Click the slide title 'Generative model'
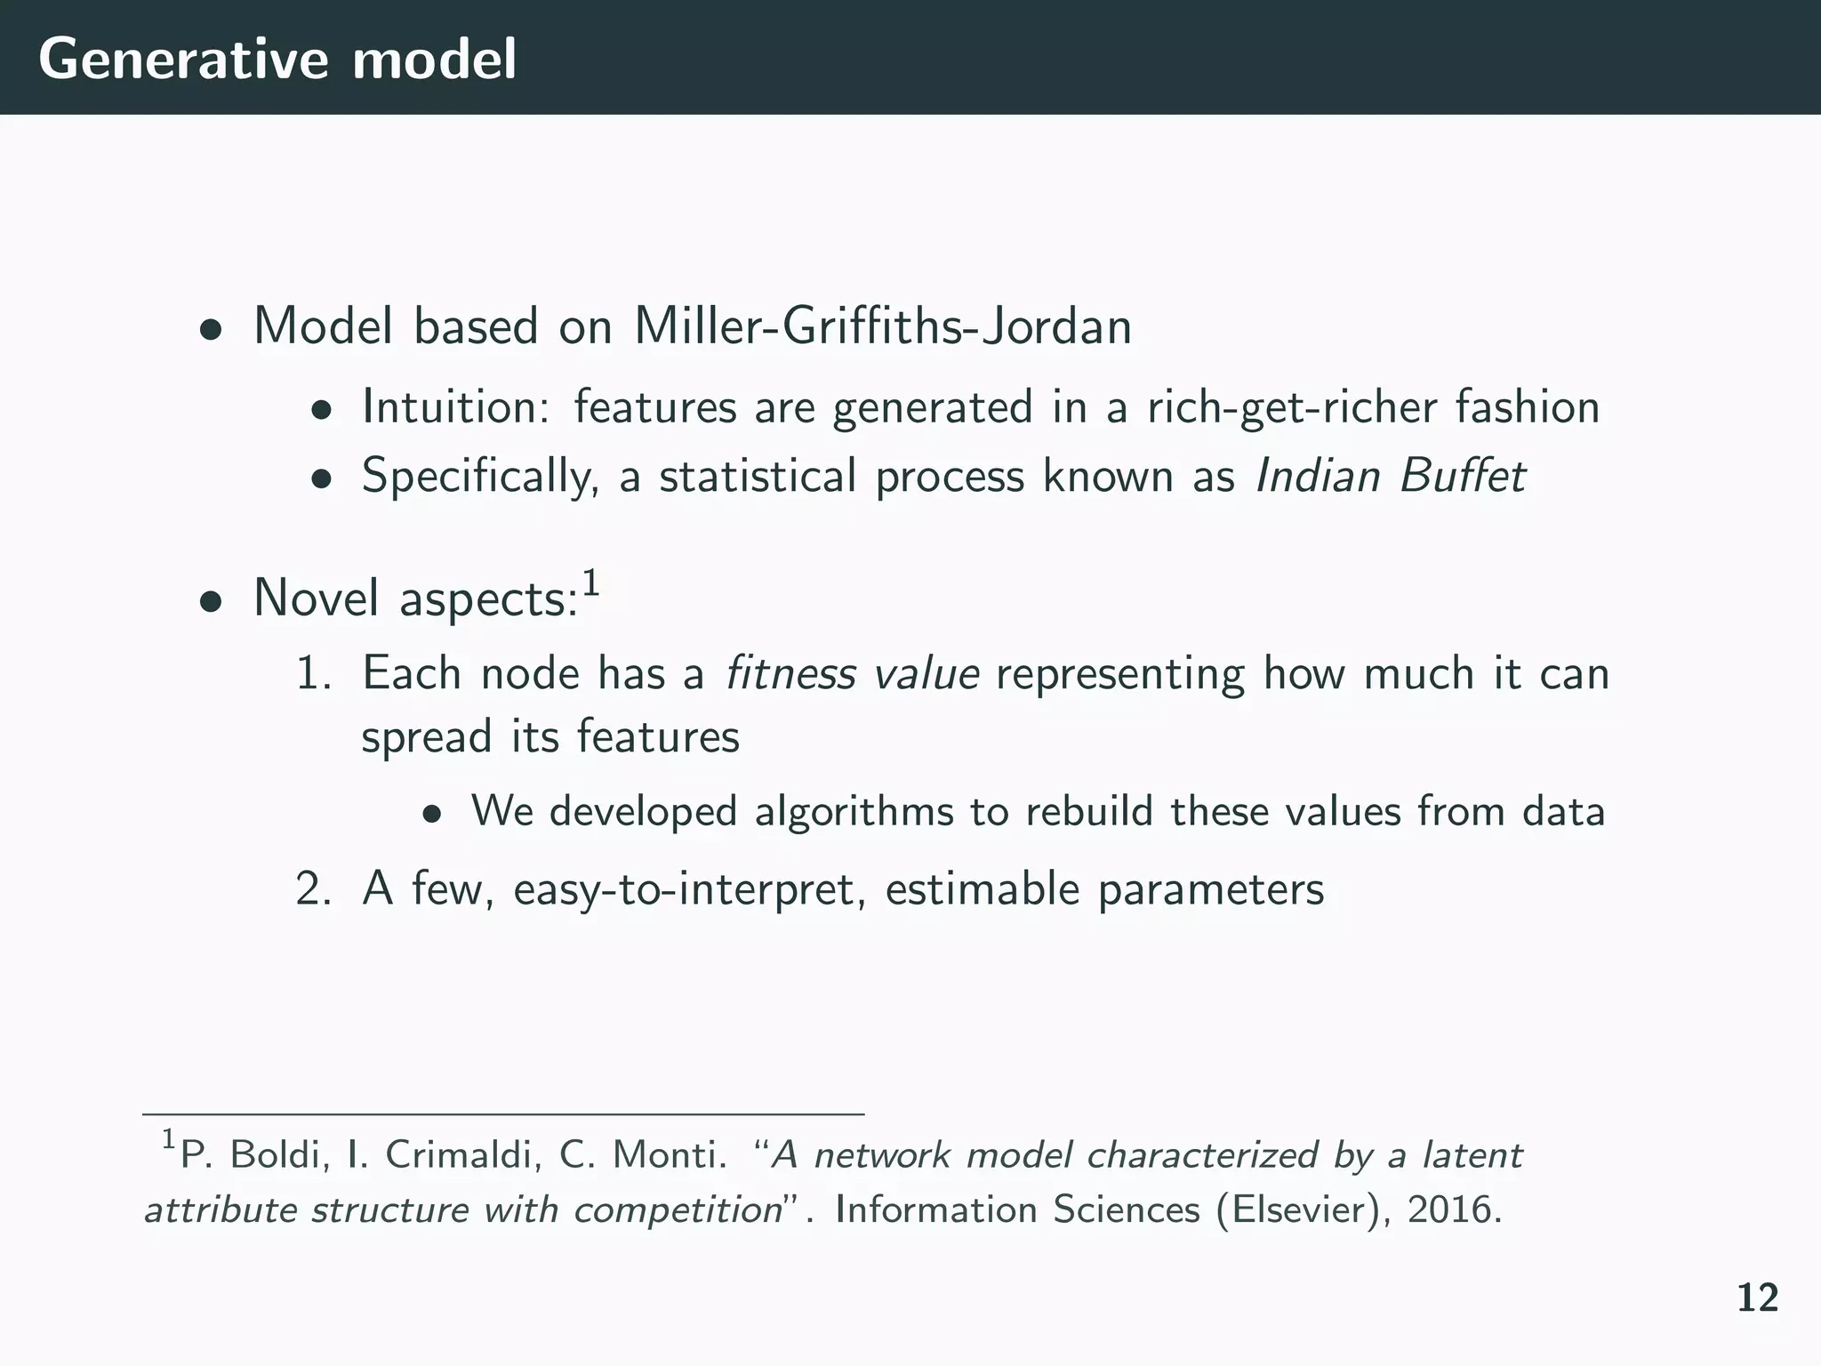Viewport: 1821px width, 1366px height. [277, 60]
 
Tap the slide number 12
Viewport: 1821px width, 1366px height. [1757, 1298]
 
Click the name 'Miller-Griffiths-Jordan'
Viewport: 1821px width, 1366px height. [882, 326]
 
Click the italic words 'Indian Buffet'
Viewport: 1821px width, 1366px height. [1390, 476]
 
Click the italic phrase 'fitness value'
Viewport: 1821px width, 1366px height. [852, 673]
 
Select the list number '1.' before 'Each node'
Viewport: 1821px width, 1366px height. [314, 673]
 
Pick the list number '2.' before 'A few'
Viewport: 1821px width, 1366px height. [314, 888]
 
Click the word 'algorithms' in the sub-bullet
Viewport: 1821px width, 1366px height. [854, 811]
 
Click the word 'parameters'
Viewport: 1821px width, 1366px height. [1211, 890]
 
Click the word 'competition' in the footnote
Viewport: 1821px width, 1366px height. [677, 1210]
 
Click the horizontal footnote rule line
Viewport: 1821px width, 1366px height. [502, 1113]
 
